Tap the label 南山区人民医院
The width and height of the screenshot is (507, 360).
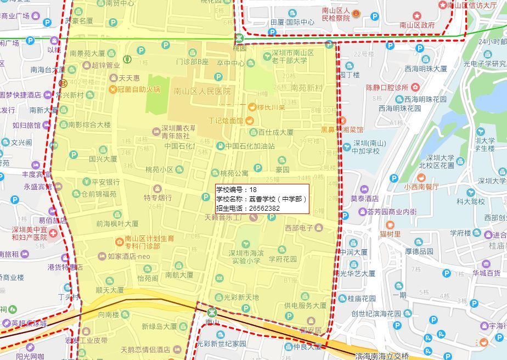pyautogui.click(x=202, y=92)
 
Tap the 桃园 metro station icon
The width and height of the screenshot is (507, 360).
pyautogui.click(x=240, y=38)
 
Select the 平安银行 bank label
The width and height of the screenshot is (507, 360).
pyautogui.click(x=105, y=182)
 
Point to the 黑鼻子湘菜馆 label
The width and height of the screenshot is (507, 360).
pyautogui.click(x=342, y=130)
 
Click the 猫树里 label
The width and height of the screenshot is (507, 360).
pyautogui.click(x=390, y=234)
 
